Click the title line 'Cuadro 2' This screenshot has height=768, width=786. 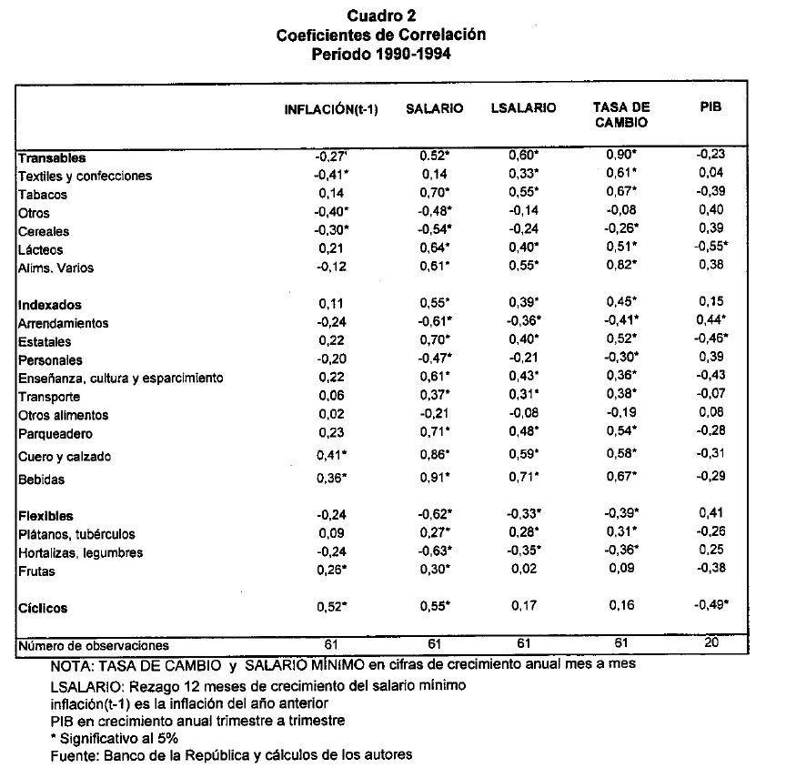[381, 16]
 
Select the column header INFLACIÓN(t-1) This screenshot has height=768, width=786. [330, 109]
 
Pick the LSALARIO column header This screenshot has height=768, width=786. [523, 108]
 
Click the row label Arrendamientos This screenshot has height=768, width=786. [63, 324]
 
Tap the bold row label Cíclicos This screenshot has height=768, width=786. [43, 608]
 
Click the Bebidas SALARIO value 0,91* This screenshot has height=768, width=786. [436, 480]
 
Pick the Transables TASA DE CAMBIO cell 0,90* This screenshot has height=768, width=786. [622, 156]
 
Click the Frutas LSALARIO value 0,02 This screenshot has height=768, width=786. [523, 571]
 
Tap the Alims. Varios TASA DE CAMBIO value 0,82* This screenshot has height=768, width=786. [622, 268]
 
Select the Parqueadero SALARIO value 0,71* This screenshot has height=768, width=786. [436, 434]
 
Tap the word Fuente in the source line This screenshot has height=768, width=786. [71, 754]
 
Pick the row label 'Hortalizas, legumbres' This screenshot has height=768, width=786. [80, 553]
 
